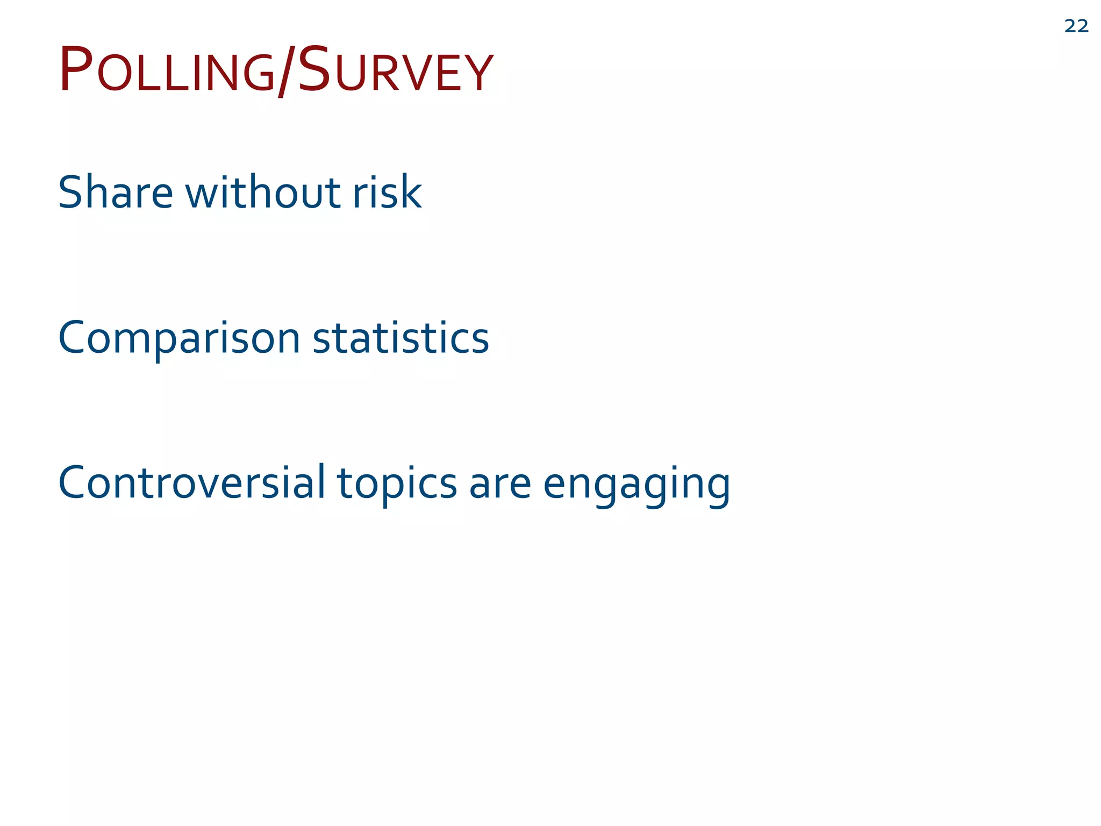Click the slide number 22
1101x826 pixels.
coord(1076,26)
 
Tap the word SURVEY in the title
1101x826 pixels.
coord(395,70)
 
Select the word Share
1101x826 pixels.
coord(116,192)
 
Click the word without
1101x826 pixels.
coord(263,192)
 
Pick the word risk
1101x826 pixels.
coord(387,192)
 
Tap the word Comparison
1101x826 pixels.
coord(179,339)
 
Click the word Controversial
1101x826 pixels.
coord(191,482)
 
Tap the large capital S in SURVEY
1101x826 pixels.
coord(313,69)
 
